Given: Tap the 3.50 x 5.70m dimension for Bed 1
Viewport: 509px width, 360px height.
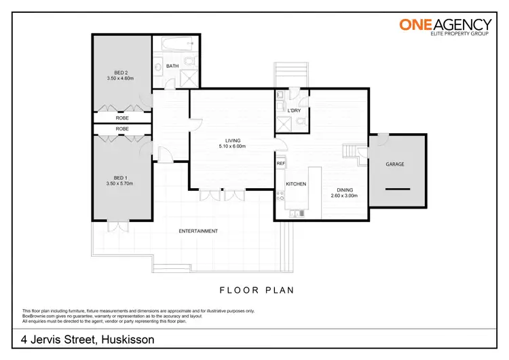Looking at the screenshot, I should [x=122, y=183].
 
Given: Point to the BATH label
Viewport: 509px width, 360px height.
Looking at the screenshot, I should [x=173, y=66].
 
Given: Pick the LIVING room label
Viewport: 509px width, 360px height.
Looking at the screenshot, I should [x=233, y=140].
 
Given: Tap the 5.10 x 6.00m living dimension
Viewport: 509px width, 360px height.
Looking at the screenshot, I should [x=232, y=146].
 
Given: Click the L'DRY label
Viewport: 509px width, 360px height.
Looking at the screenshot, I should [x=295, y=110].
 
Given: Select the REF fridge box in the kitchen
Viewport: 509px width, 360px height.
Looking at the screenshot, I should [x=280, y=164].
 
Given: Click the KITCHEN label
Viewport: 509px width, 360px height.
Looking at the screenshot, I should [x=296, y=184].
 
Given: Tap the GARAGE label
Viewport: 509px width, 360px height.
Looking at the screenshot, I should [x=395, y=164].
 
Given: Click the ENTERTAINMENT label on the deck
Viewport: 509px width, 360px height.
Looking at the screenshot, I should [x=198, y=231].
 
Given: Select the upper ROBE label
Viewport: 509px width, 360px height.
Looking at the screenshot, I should [x=122, y=118].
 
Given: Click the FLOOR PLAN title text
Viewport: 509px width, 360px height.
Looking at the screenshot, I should [x=257, y=290].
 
